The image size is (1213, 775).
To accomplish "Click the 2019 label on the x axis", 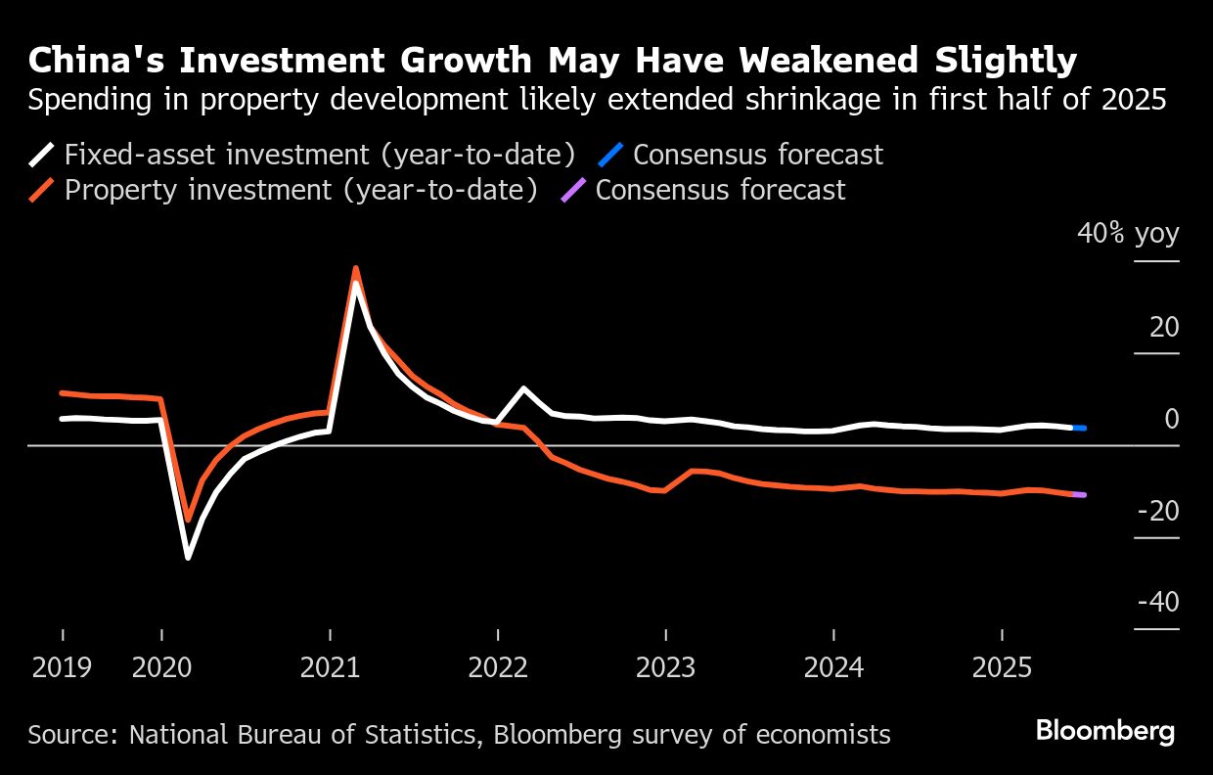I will pos(62,668).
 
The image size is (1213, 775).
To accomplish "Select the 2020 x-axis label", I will pos(161,668).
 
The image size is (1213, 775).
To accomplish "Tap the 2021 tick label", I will pos(330,668).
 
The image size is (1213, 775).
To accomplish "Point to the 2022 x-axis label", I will pos(498,668).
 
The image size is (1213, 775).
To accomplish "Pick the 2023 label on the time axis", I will pos(665,668).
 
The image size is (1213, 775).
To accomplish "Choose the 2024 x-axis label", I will pos(833,668).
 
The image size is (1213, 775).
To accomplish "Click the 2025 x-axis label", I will pos(1001,668).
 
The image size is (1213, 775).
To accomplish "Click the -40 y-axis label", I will pos(1158,602).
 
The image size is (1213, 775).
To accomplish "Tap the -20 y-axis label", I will pos(1158,511).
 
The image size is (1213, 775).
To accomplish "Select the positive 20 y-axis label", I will pos(1164,327).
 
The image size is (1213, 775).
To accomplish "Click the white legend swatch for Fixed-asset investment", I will pos(42,155).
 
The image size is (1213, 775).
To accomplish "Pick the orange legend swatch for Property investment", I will pos(42,190).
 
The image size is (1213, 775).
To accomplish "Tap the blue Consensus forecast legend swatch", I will pos(611,155).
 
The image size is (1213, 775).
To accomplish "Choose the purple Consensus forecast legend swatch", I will pos(573,190).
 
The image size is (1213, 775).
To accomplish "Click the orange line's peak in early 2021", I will pos(356,268).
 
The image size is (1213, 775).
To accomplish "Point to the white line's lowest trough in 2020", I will pos(188,557).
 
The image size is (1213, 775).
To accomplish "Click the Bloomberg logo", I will pos(1105,731).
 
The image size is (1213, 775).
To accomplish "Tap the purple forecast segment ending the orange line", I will pos(1079,495).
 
